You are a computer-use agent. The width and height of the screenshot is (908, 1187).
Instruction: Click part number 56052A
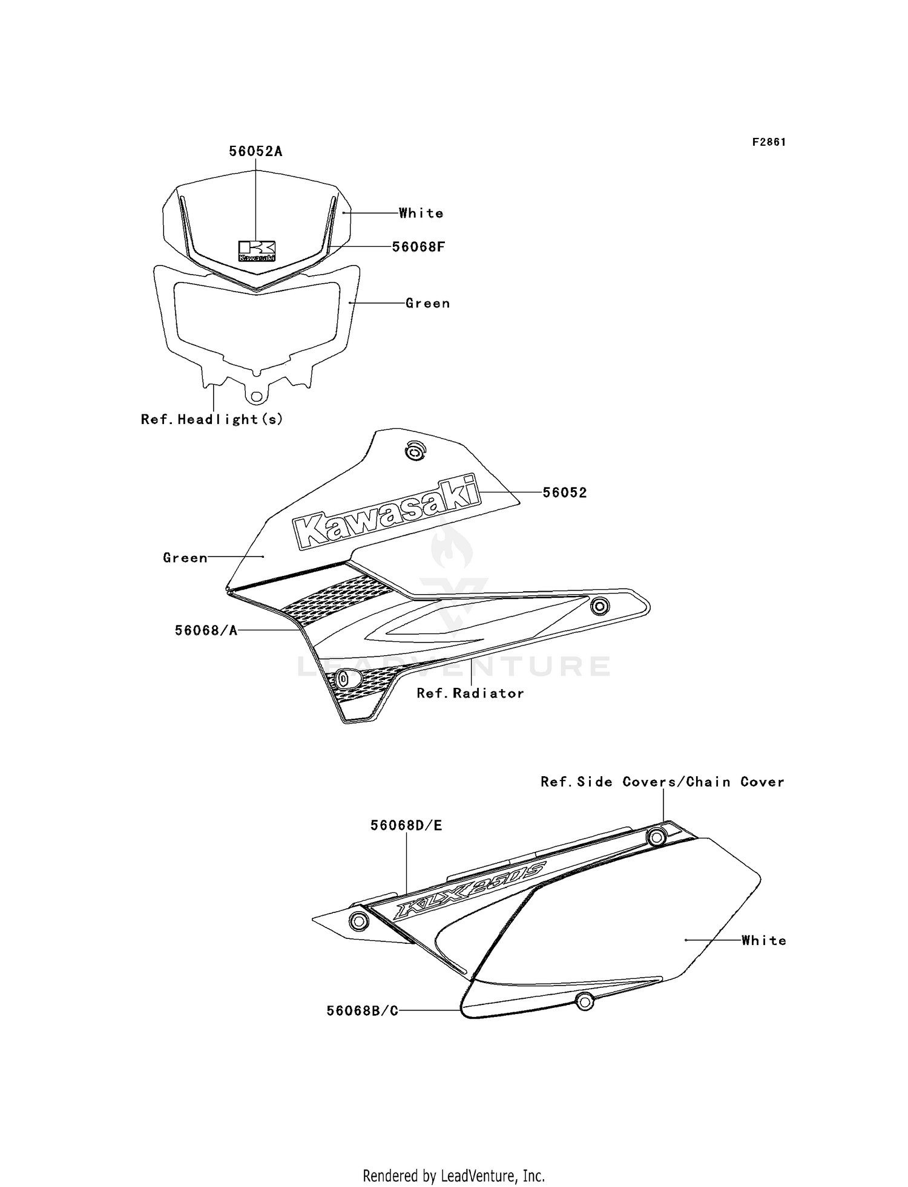[x=255, y=151]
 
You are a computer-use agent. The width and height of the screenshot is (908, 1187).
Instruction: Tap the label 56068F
[x=418, y=247]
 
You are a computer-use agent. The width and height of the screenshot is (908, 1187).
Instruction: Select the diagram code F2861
[x=769, y=142]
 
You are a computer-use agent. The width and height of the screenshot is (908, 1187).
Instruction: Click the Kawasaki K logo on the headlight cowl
[x=257, y=251]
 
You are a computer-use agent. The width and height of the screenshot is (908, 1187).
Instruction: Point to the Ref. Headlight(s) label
[x=212, y=419]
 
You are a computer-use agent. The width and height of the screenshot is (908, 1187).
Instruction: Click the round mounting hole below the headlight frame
[x=257, y=396]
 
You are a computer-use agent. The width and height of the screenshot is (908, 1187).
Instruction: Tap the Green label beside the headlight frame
[x=428, y=303]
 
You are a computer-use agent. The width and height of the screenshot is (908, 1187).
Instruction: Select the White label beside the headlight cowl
[x=421, y=213]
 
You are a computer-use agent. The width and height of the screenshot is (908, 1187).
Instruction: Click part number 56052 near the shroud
[x=564, y=492]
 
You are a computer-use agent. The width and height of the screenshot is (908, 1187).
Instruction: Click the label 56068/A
[x=206, y=630]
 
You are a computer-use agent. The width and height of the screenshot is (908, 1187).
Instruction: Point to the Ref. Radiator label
[x=470, y=693]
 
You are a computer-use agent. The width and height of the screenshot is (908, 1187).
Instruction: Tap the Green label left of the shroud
[x=185, y=558]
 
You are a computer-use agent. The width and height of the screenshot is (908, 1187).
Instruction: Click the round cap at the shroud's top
[x=415, y=451]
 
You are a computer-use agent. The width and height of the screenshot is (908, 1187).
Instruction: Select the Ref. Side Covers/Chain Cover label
[x=662, y=782]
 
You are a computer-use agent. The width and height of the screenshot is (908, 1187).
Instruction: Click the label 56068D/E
[x=406, y=825]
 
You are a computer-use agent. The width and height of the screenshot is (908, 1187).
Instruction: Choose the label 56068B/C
[x=362, y=1011]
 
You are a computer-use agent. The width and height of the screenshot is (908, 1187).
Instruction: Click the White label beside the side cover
[x=764, y=940]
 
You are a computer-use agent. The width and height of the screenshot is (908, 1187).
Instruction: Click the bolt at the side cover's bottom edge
[x=584, y=1001]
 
